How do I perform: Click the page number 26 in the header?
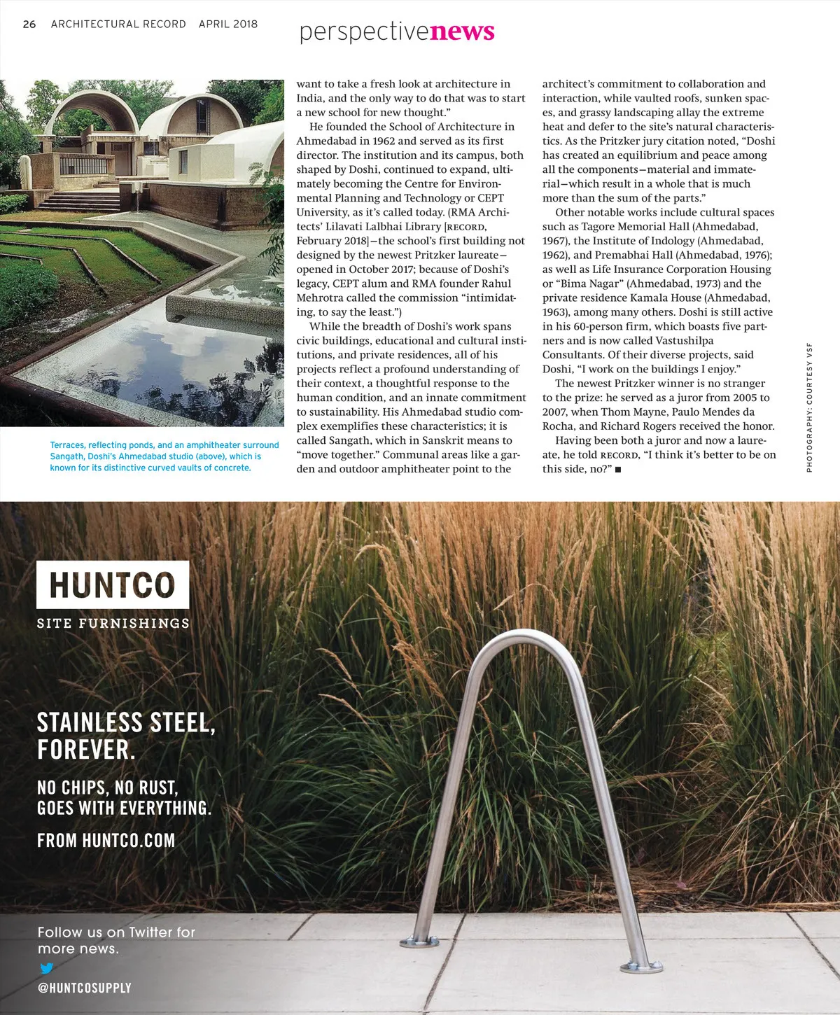pos(29,24)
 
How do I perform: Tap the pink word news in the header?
pos(462,31)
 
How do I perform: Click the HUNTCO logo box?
pos(113,585)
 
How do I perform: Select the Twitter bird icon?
pos(46,969)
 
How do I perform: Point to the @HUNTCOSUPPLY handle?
pos(84,988)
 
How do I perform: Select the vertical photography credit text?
pos(809,407)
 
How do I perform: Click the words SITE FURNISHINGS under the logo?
pos(113,623)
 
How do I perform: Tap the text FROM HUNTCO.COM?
pos(106,840)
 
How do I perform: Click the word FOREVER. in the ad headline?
pos(85,750)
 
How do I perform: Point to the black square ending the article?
pos(617,469)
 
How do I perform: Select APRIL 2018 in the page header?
pos(228,24)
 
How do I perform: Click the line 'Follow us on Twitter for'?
pos(116,932)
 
